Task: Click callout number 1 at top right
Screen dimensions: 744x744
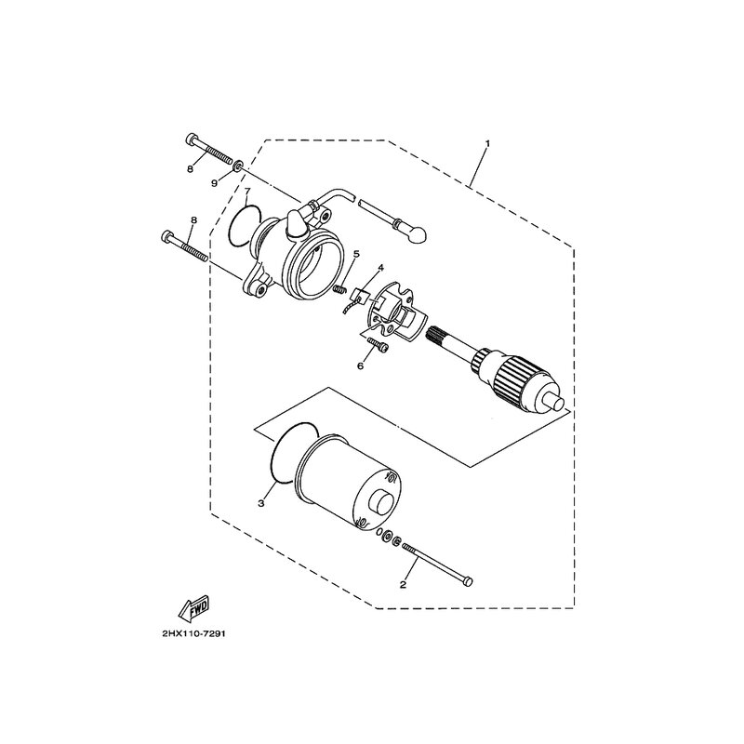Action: click(487, 143)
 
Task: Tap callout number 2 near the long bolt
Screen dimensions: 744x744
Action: click(403, 585)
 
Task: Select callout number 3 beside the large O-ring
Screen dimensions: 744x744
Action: click(261, 503)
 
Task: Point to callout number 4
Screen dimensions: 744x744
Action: click(380, 269)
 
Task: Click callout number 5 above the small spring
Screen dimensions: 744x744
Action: click(356, 254)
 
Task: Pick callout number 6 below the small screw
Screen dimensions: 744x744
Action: click(360, 365)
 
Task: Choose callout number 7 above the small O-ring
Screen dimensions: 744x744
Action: click(246, 192)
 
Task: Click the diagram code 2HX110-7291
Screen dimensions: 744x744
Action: click(193, 634)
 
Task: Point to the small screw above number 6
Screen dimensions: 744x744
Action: click(379, 344)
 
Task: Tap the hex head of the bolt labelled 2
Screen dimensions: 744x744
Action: click(468, 579)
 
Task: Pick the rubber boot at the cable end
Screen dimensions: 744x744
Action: click(417, 231)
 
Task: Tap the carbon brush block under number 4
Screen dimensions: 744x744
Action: click(362, 298)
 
